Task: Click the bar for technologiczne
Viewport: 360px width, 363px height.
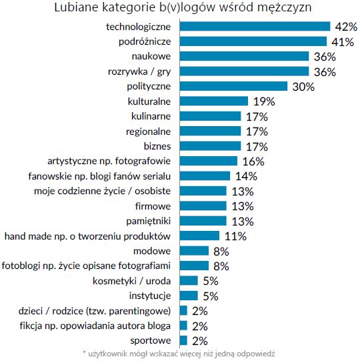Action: click(x=255, y=26)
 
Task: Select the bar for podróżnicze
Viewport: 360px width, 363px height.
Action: click(x=253, y=41)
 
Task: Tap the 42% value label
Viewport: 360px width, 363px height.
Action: click(x=346, y=27)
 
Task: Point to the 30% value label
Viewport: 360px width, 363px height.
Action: click(x=302, y=87)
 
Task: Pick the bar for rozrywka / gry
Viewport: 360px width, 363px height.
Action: click(x=244, y=71)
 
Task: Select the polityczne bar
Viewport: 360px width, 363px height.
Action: click(x=233, y=86)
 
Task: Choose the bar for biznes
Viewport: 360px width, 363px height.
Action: click(x=210, y=146)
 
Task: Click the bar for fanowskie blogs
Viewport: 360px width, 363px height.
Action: click(x=205, y=176)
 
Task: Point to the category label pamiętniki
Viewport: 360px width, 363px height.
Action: click(x=149, y=221)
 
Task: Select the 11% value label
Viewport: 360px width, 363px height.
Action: click(x=235, y=236)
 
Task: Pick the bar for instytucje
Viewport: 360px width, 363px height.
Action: click(x=189, y=296)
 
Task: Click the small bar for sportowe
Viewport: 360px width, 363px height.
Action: click(x=183, y=340)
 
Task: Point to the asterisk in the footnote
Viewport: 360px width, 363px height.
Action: click(x=85, y=354)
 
